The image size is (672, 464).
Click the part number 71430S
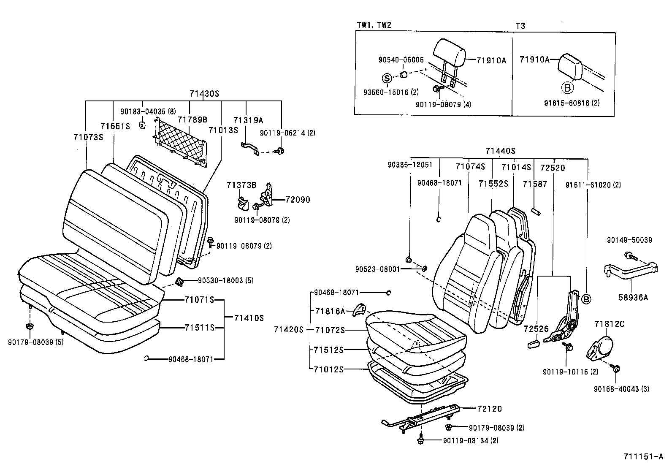(x=204, y=94)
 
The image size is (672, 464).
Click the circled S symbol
(x=387, y=78)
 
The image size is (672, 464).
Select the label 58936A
(x=633, y=298)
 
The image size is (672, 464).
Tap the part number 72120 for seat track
(x=490, y=409)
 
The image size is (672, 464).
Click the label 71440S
(x=500, y=151)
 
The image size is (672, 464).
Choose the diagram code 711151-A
(x=644, y=456)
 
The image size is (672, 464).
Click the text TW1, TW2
(x=374, y=25)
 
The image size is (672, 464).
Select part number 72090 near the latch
(x=297, y=199)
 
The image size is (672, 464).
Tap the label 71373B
(x=241, y=185)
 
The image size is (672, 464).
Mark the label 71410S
(x=249, y=318)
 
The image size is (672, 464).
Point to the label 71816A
(x=330, y=311)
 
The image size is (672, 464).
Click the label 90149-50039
(x=629, y=240)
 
